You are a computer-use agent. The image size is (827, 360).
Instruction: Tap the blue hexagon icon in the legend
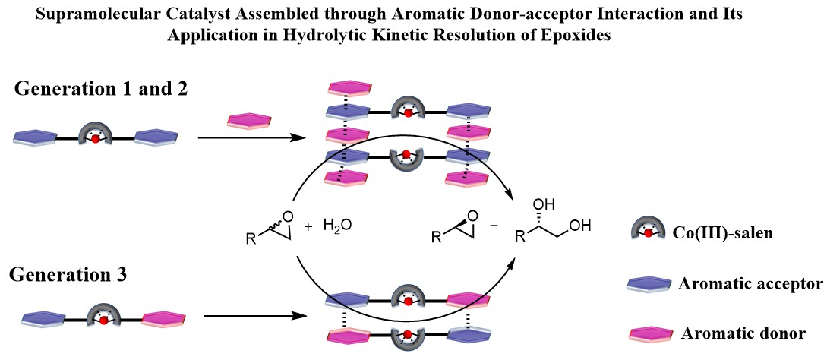click(650, 285)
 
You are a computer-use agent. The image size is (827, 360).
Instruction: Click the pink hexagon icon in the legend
click(650, 333)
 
